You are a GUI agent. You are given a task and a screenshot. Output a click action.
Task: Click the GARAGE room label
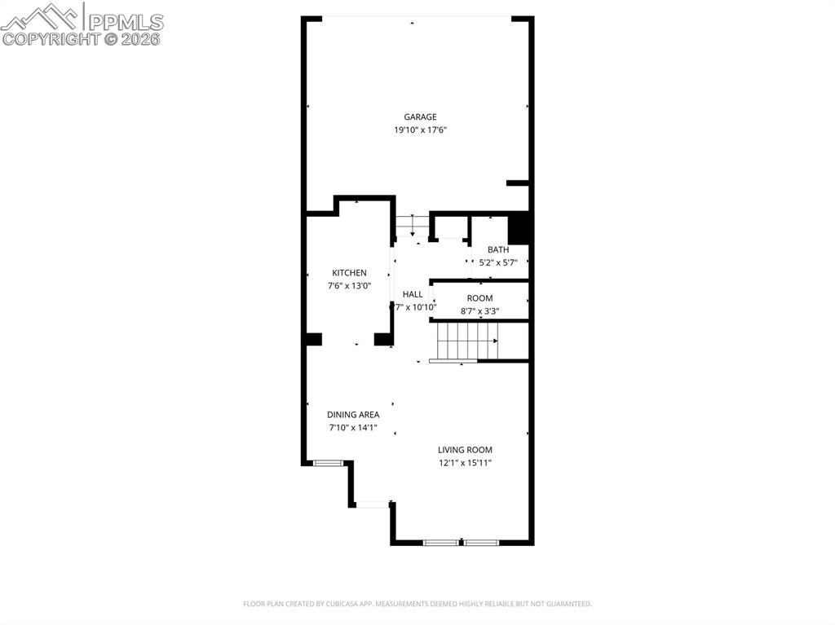pyautogui.click(x=420, y=117)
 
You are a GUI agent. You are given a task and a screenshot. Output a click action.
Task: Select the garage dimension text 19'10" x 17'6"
pyautogui.click(x=420, y=130)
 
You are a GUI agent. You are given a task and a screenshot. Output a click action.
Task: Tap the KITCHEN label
pyautogui.click(x=349, y=273)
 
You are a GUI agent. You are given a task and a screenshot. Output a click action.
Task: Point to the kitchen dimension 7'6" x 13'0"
pyautogui.click(x=349, y=286)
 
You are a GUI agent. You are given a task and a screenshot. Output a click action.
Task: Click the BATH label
pyautogui.click(x=497, y=249)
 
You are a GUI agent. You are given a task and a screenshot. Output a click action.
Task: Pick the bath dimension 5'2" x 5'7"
pyautogui.click(x=497, y=262)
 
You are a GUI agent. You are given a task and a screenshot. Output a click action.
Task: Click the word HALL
pyautogui.click(x=413, y=294)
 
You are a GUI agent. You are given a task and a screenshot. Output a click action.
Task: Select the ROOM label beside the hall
pyautogui.click(x=479, y=298)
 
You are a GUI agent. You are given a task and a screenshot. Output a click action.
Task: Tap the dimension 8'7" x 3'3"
pyautogui.click(x=479, y=311)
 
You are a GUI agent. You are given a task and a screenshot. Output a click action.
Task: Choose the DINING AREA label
pyautogui.click(x=353, y=415)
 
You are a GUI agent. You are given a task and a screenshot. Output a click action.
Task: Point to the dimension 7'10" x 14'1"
pyautogui.click(x=353, y=428)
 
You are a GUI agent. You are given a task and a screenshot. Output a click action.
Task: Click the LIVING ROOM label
pyautogui.click(x=465, y=450)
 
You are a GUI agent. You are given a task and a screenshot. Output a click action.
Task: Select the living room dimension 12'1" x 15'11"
pyautogui.click(x=465, y=463)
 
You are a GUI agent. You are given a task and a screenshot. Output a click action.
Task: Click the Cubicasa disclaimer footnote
pyautogui.click(x=417, y=604)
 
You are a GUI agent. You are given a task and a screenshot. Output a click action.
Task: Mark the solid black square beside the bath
pyautogui.click(x=519, y=227)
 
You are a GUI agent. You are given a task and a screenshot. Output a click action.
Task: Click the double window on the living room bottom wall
pyautogui.click(x=461, y=542)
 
